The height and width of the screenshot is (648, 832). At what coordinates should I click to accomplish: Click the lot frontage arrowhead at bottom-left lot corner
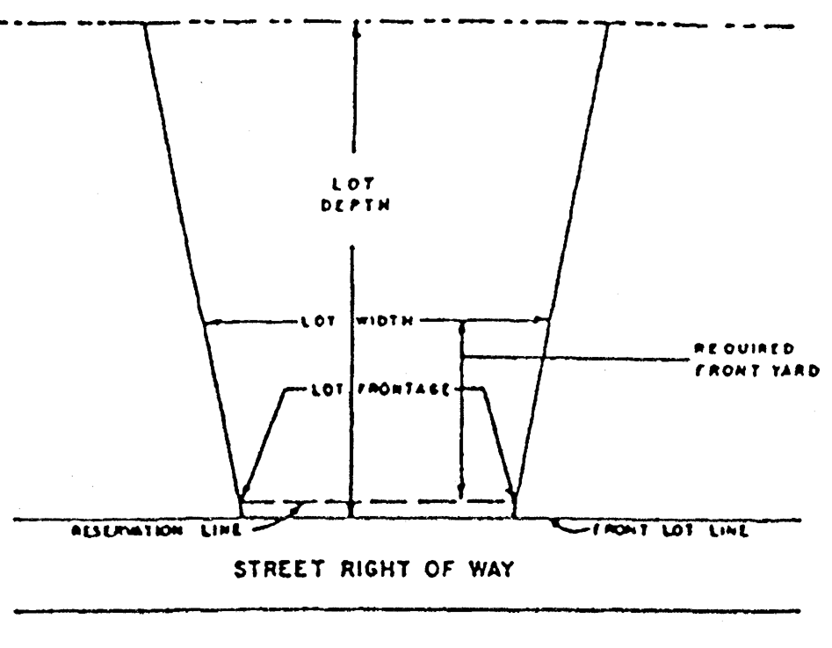click(x=246, y=491)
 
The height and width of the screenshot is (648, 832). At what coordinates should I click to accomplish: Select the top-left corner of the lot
click(x=144, y=24)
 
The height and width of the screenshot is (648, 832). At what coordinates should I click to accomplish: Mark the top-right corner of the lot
click(x=607, y=24)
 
